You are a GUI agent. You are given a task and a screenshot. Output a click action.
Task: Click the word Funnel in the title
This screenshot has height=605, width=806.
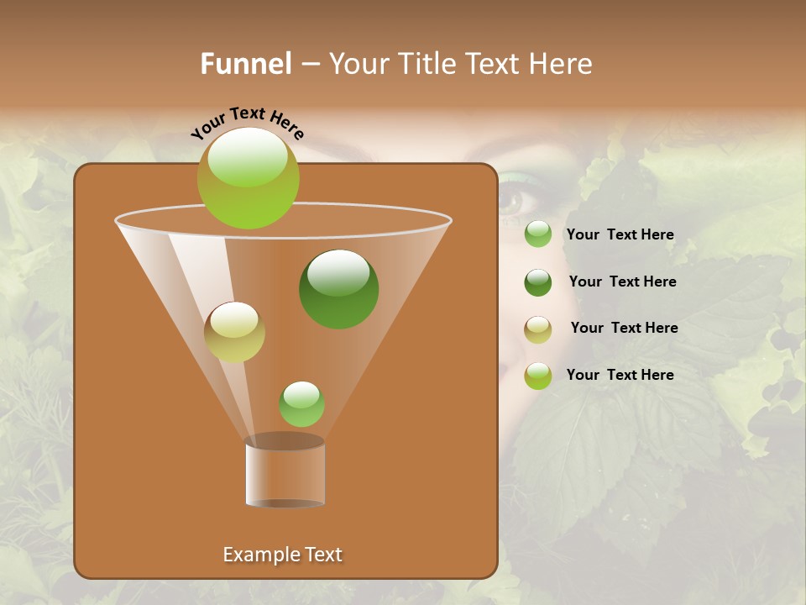[246, 64]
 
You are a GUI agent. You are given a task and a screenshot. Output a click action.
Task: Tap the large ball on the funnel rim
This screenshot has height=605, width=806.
[249, 178]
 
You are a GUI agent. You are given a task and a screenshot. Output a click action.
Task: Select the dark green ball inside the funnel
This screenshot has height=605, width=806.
[338, 289]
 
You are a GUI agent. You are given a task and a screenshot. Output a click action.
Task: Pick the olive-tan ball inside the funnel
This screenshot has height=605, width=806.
[234, 332]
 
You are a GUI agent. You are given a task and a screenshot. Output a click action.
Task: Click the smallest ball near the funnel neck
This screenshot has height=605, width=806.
[301, 403]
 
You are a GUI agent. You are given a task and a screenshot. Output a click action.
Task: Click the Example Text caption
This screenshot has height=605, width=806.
[282, 555]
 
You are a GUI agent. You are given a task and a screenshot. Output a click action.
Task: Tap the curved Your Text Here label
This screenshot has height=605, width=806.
[247, 123]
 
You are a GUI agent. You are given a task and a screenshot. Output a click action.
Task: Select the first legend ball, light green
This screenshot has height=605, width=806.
[537, 234]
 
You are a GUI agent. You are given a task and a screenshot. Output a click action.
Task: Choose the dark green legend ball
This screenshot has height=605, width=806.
[537, 282]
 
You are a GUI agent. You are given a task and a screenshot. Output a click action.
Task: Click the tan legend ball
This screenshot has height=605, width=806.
[537, 329]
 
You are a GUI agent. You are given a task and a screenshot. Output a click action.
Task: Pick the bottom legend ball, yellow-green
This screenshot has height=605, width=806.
[537, 376]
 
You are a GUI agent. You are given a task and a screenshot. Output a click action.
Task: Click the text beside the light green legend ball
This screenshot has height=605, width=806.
[620, 235]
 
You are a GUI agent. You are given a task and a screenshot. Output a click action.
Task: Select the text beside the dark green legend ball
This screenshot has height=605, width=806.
[622, 282]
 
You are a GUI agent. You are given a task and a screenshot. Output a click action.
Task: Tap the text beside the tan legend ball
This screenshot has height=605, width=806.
[624, 329]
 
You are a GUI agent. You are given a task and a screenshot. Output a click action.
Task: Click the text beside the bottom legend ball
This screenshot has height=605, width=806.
[620, 376]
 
